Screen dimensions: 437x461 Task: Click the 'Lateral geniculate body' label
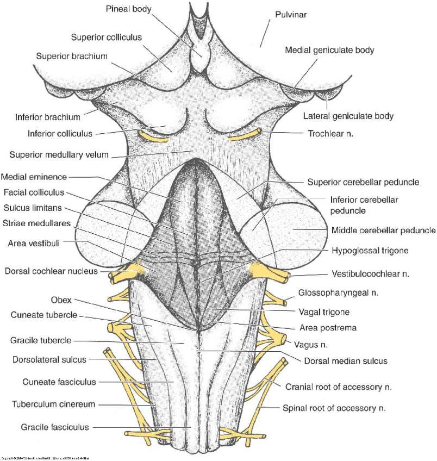pyautogui.click(x=348, y=116)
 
